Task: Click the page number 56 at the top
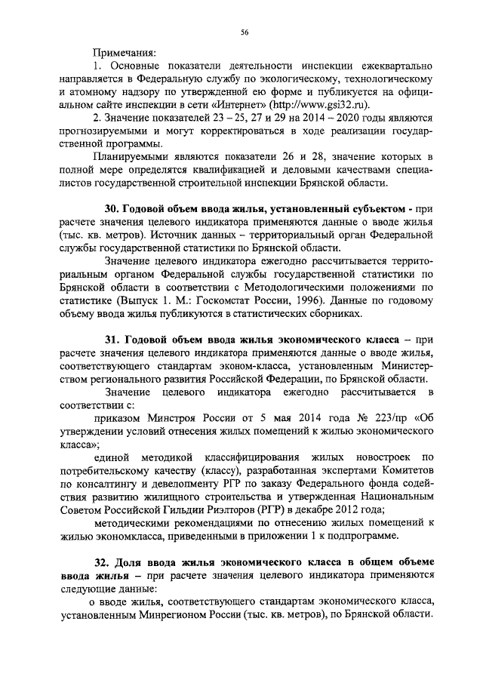click(245, 31)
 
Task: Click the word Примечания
click(125, 52)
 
